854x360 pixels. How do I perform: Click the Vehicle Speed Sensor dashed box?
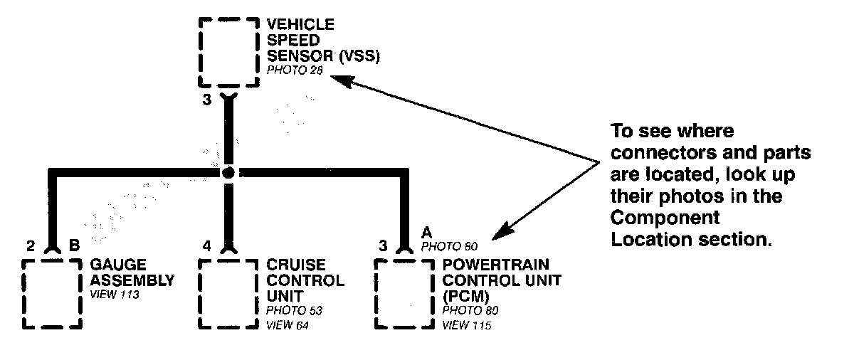(227, 52)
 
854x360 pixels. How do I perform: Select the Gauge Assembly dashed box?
(51, 292)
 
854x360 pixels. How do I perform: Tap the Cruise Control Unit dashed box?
(227, 292)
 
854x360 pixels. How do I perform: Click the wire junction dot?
(228, 173)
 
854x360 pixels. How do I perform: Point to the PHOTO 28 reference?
(290, 70)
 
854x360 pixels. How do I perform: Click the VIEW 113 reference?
(114, 294)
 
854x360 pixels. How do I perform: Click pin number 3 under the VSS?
(206, 100)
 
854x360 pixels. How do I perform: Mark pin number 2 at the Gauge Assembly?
(30, 246)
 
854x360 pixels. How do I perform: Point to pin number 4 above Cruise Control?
(206, 246)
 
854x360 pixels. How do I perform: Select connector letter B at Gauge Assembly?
(74, 246)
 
